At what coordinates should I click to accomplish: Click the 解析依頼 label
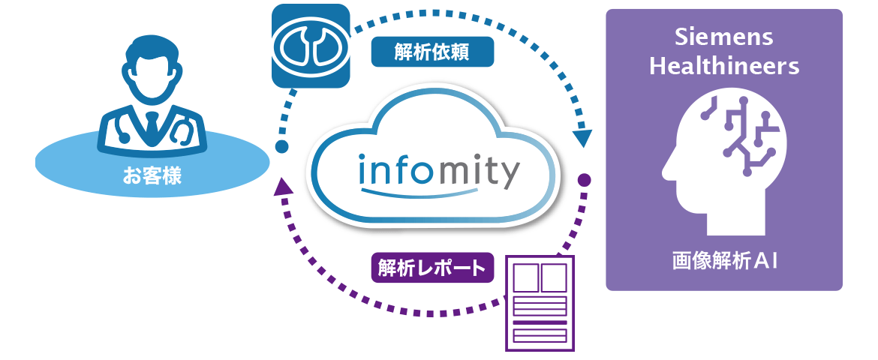coord(432,52)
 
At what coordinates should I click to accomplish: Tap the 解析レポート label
coord(431,268)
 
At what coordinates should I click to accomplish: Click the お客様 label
coord(152,178)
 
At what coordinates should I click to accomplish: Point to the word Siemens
coord(723,38)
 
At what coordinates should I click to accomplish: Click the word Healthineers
coord(723,66)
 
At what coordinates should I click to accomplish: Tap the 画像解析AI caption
coord(723,262)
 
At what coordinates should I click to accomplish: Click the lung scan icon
coord(311,44)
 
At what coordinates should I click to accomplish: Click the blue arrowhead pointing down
coord(582,138)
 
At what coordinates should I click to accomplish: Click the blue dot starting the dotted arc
coord(282,146)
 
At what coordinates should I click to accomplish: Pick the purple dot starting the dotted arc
coord(584,180)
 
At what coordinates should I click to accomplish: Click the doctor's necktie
coord(152,124)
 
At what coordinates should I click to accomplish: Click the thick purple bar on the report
coord(540,323)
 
